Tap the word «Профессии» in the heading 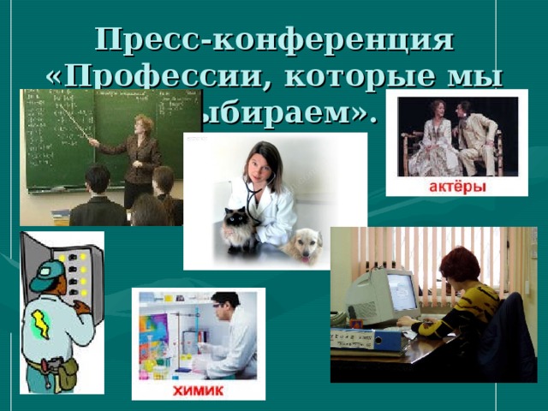coord(171,78)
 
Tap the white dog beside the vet coord(301,245)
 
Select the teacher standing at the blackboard coord(140,154)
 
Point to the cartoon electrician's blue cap coord(47,274)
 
